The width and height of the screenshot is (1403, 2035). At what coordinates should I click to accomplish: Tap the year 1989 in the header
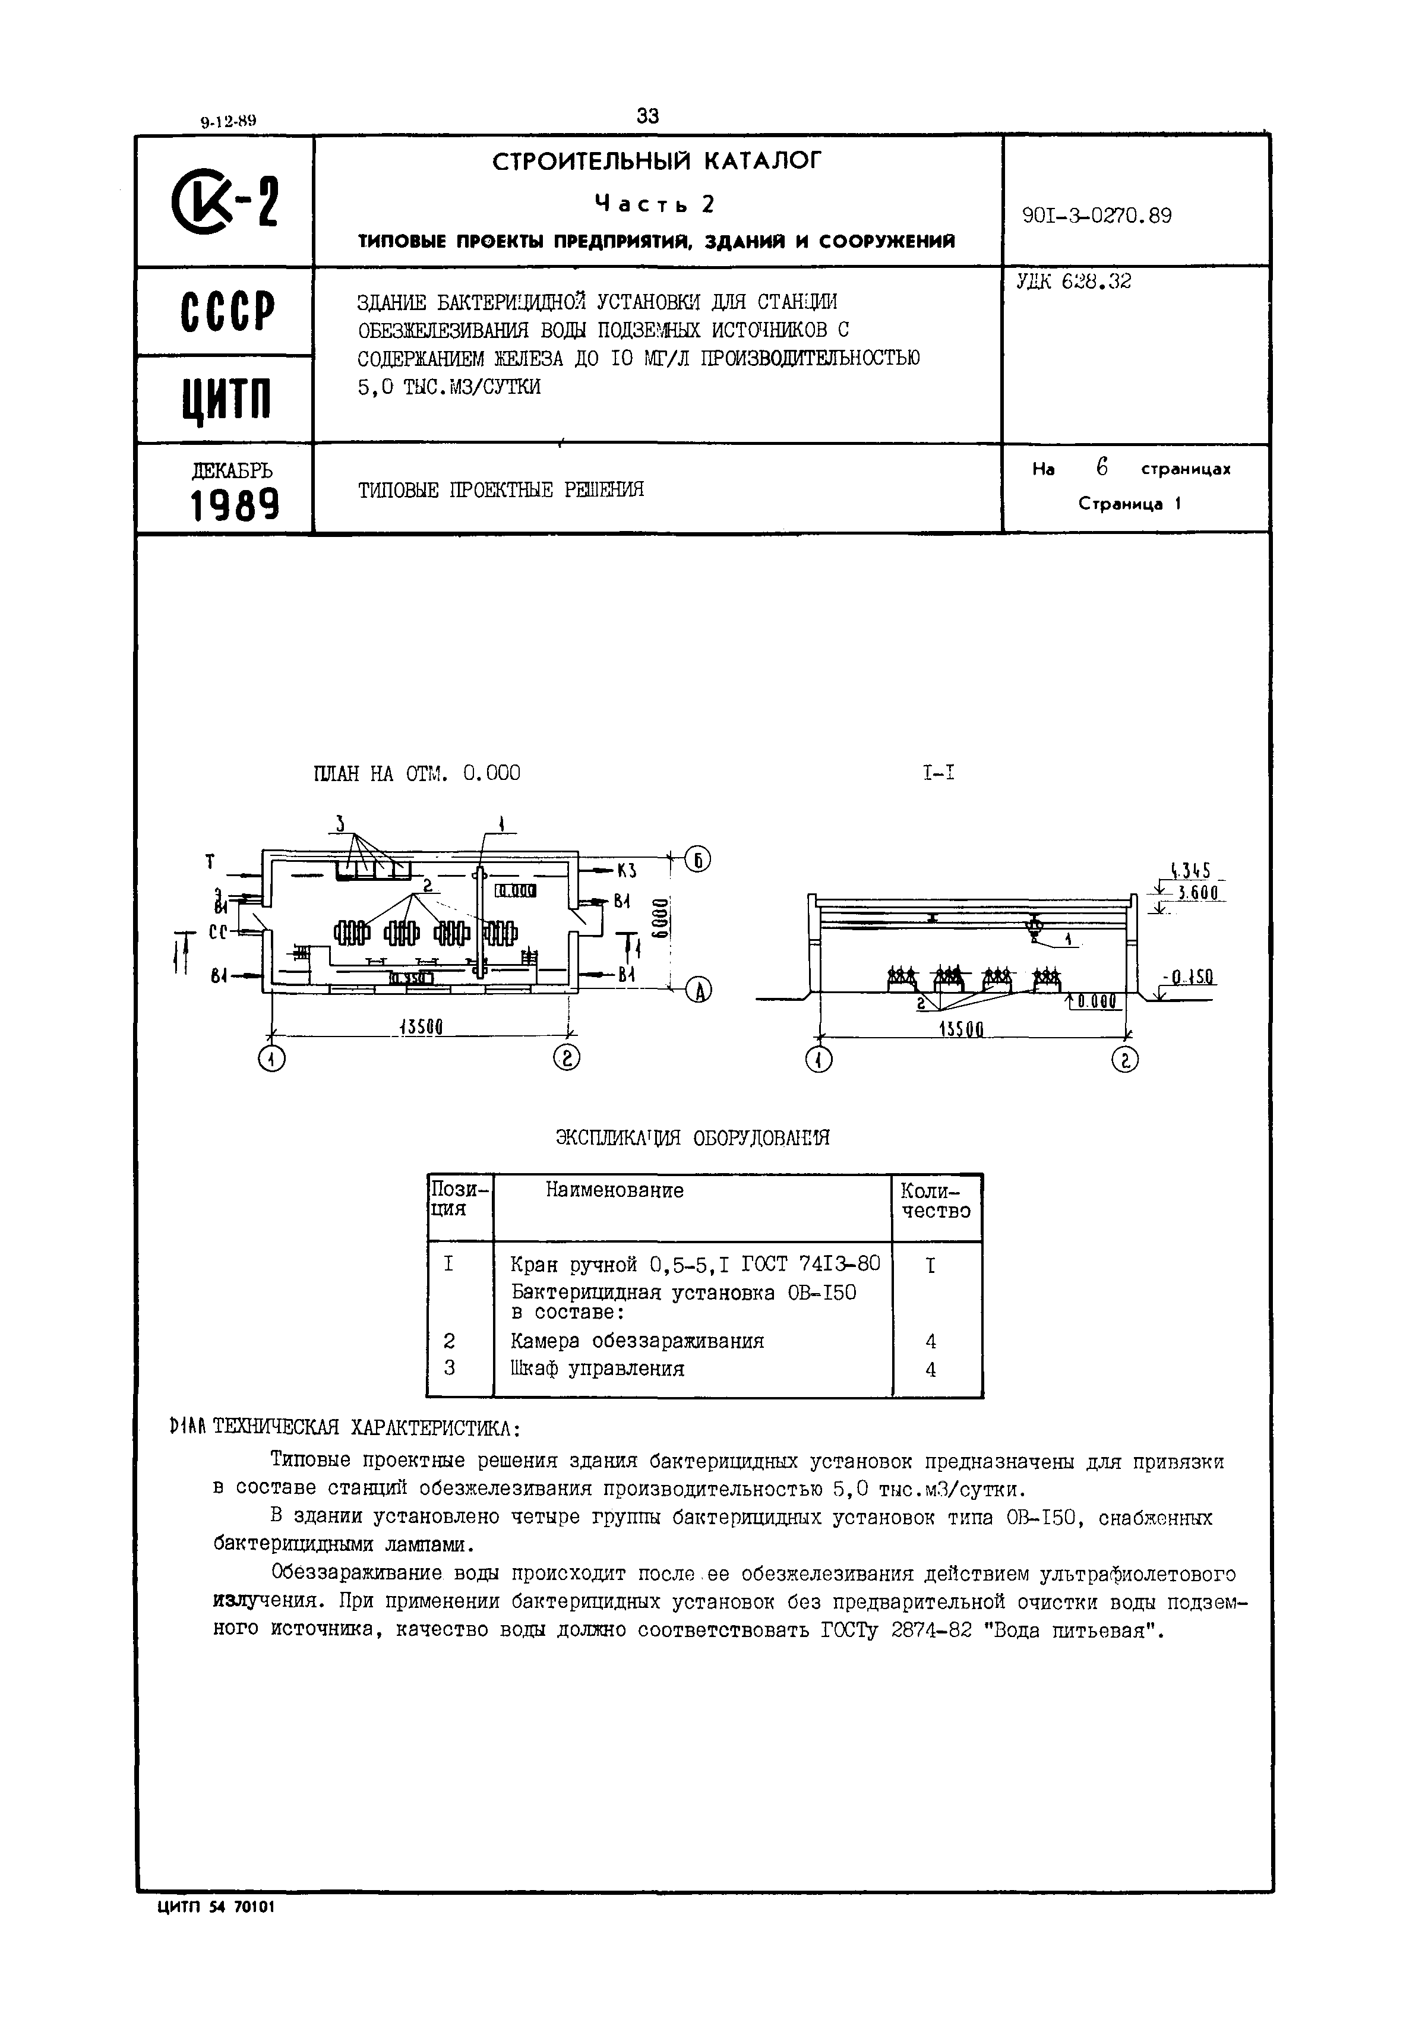tap(235, 505)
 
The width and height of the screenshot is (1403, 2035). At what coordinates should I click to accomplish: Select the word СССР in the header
tap(227, 311)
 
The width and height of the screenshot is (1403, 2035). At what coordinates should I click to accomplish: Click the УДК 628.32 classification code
tap(1073, 282)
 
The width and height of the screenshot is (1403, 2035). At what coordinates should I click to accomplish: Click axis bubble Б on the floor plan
tap(698, 859)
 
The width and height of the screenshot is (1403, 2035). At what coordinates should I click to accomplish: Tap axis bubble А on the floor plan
tap(698, 991)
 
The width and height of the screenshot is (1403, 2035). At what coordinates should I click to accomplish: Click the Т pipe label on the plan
tap(210, 862)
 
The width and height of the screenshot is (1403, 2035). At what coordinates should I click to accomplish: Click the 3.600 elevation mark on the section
tap(1196, 892)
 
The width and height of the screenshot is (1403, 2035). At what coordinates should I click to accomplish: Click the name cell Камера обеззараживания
tap(636, 1341)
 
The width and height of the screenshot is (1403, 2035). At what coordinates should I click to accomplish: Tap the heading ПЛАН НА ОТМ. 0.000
tap(416, 773)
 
